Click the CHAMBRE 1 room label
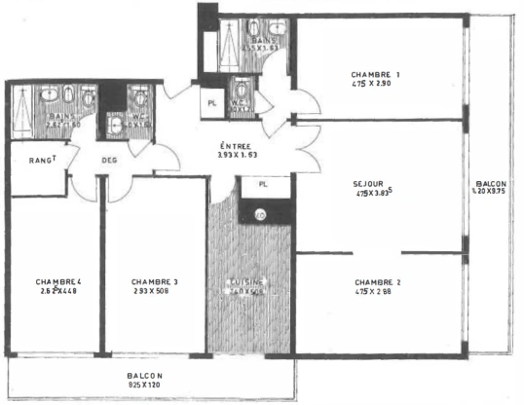(x=375, y=74)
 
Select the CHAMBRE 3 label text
(x=156, y=281)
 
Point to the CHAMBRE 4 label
(x=58, y=281)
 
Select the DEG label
(x=109, y=163)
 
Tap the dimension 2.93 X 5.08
(x=156, y=291)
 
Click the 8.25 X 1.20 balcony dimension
(x=144, y=386)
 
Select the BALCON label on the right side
(x=490, y=184)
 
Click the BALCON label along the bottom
(x=144, y=376)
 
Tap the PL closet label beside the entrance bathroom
(x=211, y=99)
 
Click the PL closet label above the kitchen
(x=262, y=183)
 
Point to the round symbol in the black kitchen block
(x=260, y=214)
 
